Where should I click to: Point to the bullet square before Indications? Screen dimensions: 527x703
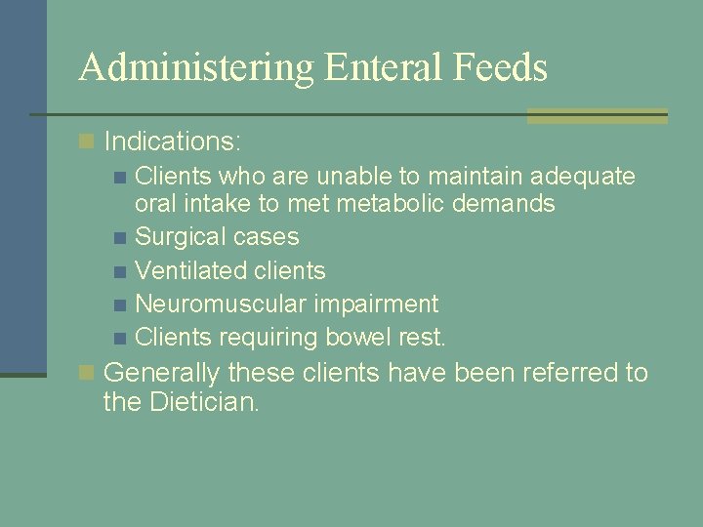pos(88,142)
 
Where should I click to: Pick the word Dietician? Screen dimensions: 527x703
pos(203,401)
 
